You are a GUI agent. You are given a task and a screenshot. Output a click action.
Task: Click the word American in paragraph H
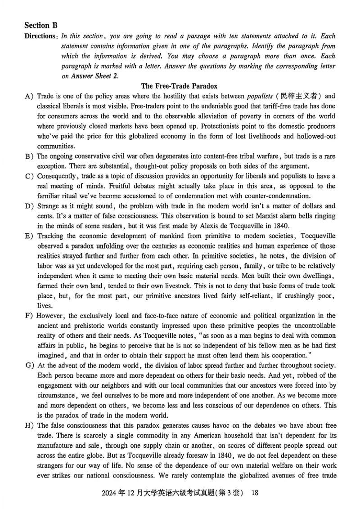click(183, 435)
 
